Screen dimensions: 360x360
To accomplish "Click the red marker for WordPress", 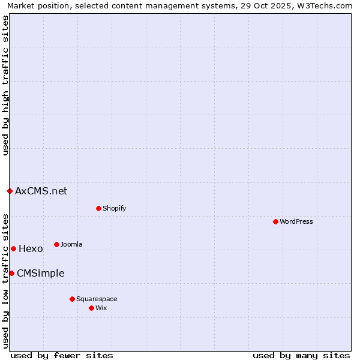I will pos(275,221).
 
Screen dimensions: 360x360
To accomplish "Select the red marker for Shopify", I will pos(98,208).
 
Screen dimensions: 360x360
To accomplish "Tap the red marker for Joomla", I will pos(56,244).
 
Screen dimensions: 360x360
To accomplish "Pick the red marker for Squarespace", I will pos(72,299).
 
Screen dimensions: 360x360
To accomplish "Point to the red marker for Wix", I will pos(91,308).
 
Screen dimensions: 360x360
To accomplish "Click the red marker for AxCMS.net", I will pos(10,191).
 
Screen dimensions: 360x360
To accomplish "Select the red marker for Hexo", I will pos(13,248).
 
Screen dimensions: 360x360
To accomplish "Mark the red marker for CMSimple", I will pos(11,273).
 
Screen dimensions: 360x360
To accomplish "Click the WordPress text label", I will pos(296,221).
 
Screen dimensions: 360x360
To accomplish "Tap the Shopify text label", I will pos(114,208).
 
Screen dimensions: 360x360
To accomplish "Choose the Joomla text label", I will pos(71,244).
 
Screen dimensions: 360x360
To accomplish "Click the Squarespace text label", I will pos(97,299).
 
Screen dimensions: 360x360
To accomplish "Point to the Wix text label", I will pos(101,308).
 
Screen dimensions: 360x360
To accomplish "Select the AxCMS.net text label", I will pos(41,191).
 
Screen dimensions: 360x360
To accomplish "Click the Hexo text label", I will pos(31,248).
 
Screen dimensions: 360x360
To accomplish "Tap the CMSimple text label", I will pos(40,273).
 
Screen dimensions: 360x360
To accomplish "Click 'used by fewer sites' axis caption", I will pos(62,355).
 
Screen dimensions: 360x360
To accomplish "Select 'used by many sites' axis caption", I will pos(301,355).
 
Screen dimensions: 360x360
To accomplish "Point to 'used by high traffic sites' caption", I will pos(5,85).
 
